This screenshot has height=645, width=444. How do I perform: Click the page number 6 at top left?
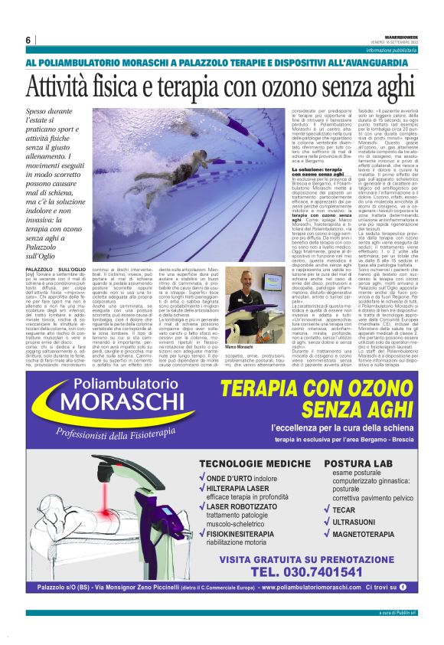point(28,40)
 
